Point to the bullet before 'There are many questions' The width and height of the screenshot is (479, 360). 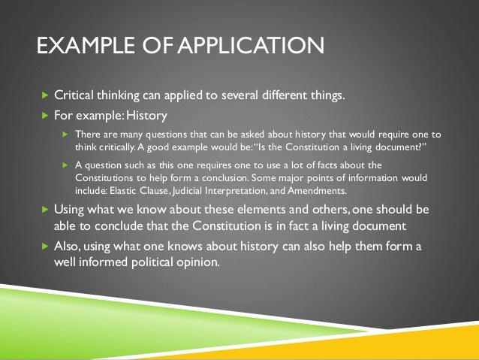65,135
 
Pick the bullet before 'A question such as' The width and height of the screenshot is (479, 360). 65,164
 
